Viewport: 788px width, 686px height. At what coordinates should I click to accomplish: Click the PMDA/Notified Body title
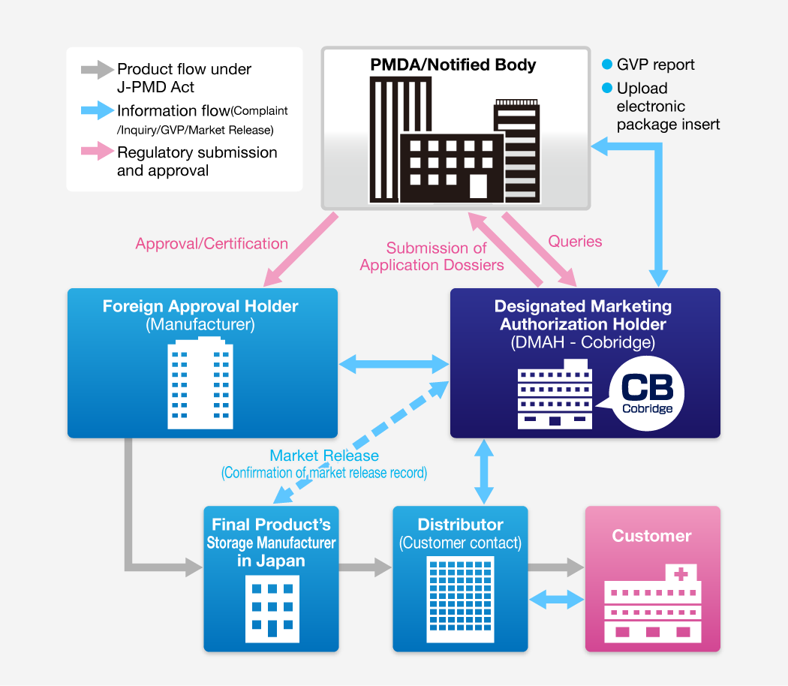(453, 65)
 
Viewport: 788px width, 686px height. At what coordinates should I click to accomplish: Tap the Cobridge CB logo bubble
(647, 393)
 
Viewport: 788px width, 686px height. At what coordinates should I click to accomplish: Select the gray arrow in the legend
(97, 71)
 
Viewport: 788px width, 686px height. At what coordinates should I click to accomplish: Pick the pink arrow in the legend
(97, 153)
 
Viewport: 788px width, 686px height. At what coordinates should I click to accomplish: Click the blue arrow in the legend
(97, 112)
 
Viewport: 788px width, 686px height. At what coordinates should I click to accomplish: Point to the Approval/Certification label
(212, 244)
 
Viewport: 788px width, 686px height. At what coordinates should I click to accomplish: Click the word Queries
(575, 242)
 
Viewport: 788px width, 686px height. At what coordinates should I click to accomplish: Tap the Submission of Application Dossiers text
(432, 257)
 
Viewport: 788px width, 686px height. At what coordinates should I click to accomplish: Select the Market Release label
(324, 456)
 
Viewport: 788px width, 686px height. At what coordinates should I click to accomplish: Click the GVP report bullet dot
(607, 65)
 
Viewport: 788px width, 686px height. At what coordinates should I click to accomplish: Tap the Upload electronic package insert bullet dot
(607, 89)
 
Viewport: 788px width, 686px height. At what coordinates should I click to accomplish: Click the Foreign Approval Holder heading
(200, 306)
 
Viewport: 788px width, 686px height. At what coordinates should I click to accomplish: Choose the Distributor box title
(460, 525)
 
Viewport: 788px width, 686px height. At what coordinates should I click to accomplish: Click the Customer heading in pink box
(651, 536)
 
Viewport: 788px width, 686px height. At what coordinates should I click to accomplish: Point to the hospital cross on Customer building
(681, 575)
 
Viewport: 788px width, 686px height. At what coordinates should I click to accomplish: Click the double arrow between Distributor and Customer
(556, 599)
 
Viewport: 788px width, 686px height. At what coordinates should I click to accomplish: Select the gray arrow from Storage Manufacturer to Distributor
(365, 567)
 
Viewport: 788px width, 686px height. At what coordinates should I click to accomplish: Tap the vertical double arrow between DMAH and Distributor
(484, 471)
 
